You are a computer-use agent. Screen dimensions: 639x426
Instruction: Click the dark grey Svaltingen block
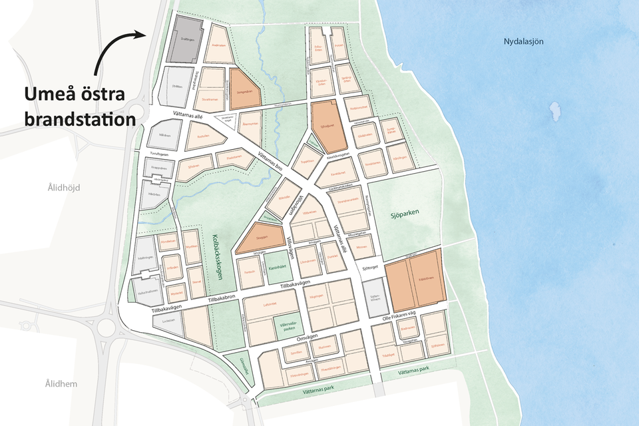[x=189, y=39]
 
